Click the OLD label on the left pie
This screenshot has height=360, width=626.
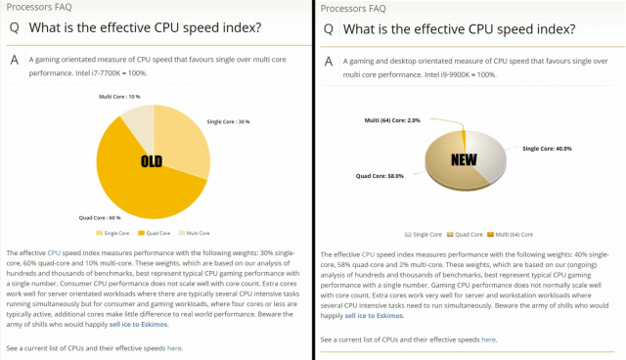pos(151,161)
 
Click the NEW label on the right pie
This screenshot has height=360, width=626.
pos(464,158)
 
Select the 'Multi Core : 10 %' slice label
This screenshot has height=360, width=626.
pos(119,97)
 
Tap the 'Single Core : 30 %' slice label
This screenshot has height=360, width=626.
pos(229,122)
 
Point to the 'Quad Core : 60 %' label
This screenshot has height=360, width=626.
pos(100,217)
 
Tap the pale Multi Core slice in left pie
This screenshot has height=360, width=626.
pos(139,121)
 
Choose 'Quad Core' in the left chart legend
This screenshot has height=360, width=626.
pos(158,234)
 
